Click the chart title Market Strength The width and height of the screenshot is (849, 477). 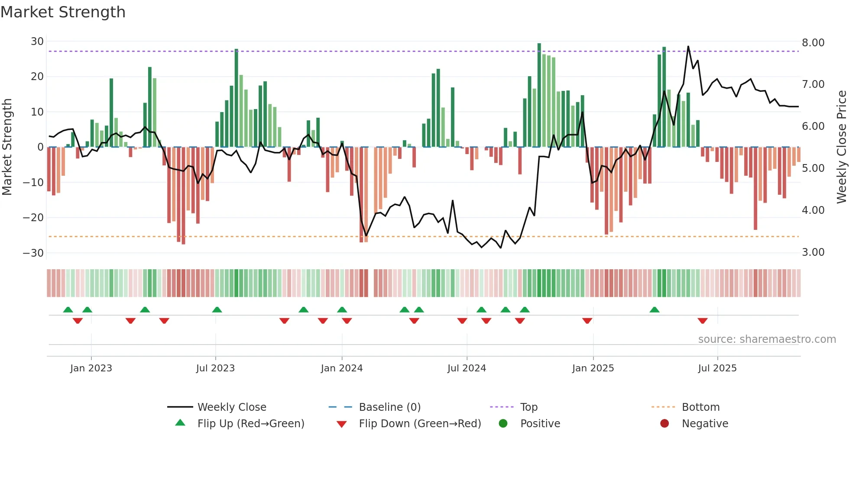63,12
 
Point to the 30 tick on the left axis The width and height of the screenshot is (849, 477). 37,42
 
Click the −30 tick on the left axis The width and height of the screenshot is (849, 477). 33,253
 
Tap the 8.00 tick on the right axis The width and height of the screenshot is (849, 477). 813,43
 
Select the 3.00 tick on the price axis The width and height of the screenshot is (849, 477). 813,252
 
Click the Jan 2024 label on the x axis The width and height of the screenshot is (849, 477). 341,368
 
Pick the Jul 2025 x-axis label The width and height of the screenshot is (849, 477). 717,368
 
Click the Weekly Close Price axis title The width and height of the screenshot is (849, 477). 841,147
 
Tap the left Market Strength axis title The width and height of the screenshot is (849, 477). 7,147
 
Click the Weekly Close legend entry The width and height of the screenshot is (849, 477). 231,407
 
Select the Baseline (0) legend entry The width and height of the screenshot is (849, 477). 389,407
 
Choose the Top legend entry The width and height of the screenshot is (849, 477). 528,407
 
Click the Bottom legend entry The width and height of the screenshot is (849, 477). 700,407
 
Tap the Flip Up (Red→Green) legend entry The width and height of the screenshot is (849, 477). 250,424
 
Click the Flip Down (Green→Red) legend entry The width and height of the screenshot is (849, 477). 420,424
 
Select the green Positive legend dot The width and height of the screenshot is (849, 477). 503,424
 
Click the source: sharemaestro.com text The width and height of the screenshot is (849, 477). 767,339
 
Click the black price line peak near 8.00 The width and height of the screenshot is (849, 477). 688,47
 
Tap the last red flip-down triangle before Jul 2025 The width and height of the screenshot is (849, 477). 703,321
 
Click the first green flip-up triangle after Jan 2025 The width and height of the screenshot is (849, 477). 655,309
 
